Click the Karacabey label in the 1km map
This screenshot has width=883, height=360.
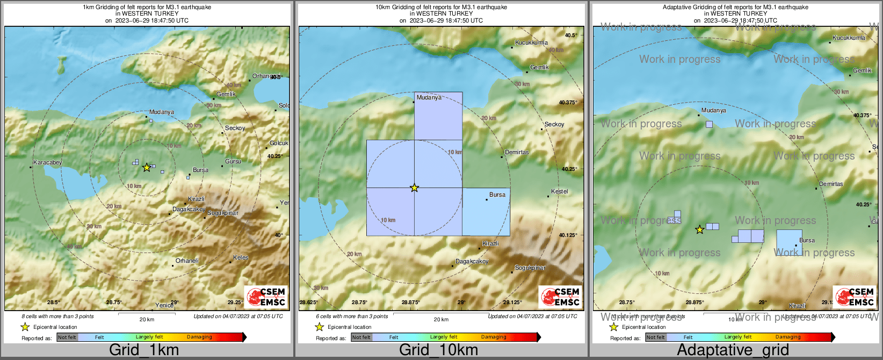(x=47, y=162)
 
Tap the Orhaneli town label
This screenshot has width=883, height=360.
(x=187, y=261)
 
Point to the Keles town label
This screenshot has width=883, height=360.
(x=241, y=257)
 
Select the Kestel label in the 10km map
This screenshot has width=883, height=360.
(x=559, y=192)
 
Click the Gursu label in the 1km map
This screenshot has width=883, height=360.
(x=233, y=162)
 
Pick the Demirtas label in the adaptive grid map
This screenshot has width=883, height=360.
(x=831, y=184)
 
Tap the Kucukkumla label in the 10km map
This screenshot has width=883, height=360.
(x=531, y=43)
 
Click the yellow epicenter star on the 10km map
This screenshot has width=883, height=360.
(x=414, y=188)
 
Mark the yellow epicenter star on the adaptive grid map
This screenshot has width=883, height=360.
(x=699, y=230)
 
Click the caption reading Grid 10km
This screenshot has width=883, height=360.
(x=438, y=350)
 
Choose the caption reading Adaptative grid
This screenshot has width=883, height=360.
(x=733, y=350)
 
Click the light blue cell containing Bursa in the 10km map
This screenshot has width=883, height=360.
(x=486, y=212)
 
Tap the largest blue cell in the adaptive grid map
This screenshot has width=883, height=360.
(x=789, y=243)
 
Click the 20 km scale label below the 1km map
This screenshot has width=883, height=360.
(x=147, y=320)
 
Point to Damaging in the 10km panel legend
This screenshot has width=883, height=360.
(x=494, y=337)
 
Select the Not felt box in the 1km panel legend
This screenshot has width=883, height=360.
(x=67, y=337)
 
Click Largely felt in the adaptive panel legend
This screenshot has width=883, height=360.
(x=737, y=337)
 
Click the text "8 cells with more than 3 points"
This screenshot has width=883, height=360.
(x=57, y=316)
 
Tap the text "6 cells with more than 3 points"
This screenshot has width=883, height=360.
(x=352, y=316)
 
